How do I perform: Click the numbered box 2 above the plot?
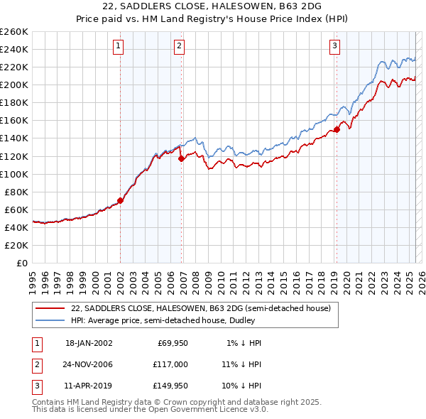179,47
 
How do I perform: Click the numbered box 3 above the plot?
334,47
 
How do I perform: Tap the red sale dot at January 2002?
121,200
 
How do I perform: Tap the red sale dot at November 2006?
181,158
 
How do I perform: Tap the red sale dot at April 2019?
337,129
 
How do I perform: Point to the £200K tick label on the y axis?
14,85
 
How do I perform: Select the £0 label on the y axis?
22,263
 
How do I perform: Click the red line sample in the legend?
50,309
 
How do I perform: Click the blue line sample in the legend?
50,321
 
